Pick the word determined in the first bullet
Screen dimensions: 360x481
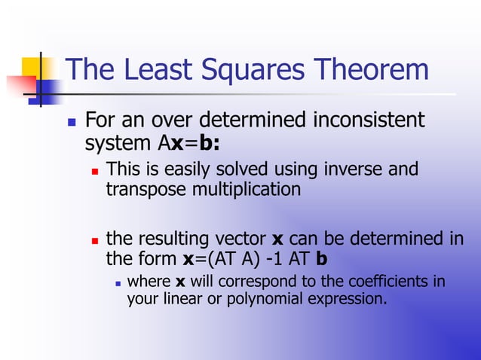click(243, 121)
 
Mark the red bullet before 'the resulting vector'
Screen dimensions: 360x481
click(95, 240)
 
